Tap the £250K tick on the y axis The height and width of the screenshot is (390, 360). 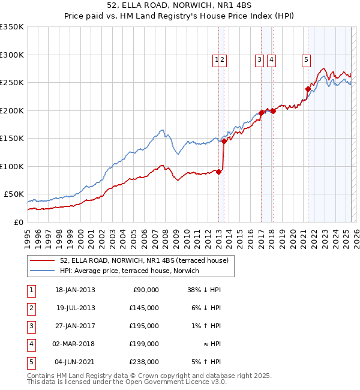tap(12, 82)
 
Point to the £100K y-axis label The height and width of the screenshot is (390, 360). tap(12, 166)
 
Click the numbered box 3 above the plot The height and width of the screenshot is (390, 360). tap(259, 59)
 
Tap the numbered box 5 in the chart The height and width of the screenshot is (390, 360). tap(306, 59)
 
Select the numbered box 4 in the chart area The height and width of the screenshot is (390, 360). tap(271, 59)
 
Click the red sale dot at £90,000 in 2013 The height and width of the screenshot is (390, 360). tap(218, 172)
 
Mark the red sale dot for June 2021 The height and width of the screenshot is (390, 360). tap(308, 89)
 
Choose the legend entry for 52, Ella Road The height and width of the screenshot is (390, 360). tap(144, 260)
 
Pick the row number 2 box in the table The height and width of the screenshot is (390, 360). tap(31, 308)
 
